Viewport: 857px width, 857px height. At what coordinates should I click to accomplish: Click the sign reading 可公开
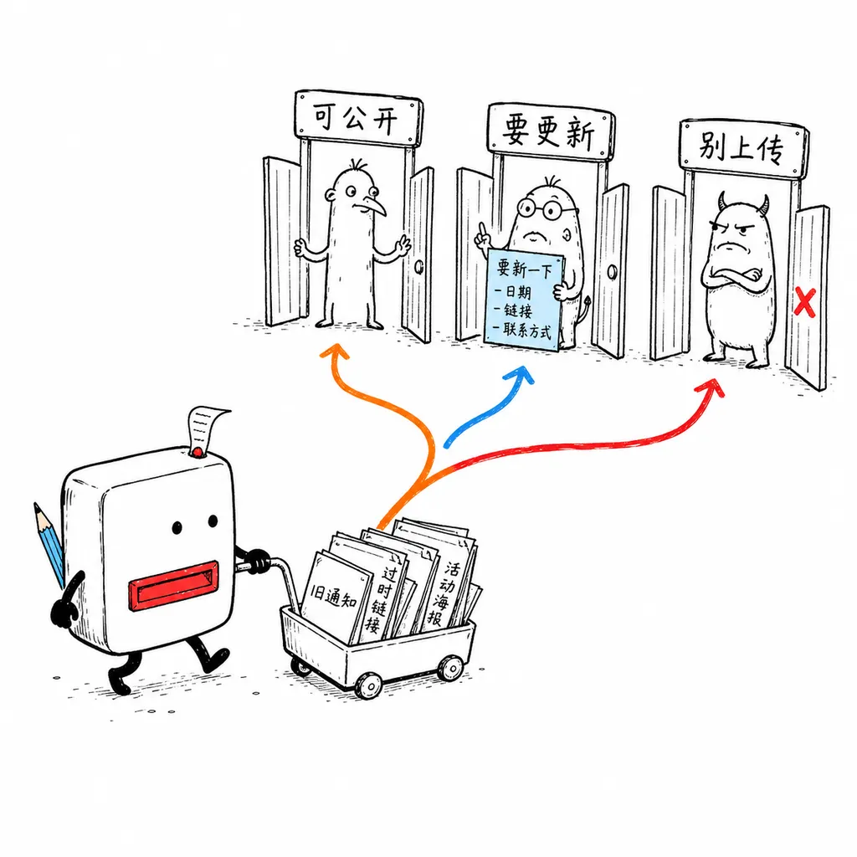358,117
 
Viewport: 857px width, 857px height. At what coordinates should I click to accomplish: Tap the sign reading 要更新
551,131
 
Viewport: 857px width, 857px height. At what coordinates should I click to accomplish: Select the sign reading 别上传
743,147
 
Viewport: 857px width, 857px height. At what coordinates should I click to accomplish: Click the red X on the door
804,301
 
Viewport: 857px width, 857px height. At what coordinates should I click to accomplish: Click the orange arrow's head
335,352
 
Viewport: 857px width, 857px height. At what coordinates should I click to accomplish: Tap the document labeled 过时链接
377,588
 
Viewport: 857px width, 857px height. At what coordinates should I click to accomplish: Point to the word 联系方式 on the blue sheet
527,330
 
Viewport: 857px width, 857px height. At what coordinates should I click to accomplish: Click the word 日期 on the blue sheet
517,291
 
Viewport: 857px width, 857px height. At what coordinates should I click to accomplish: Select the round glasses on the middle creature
545,208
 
